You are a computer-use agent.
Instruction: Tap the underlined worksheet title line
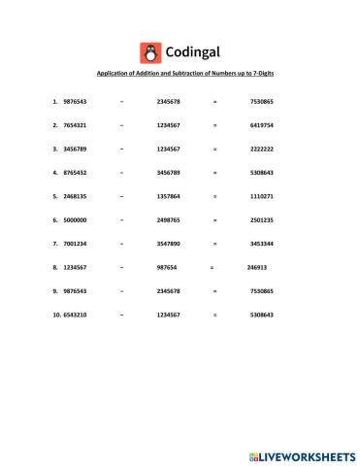point(180,74)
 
